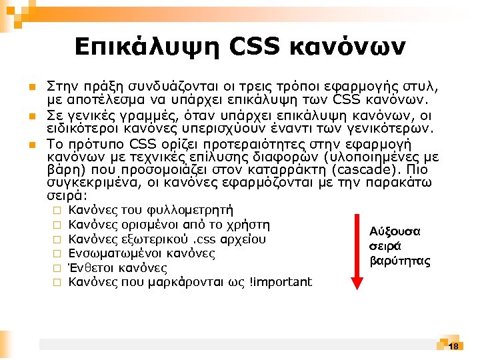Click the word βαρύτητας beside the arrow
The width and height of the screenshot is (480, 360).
pyautogui.click(x=400, y=261)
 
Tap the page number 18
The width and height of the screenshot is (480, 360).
pyautogui.click(x=453, y=346)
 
